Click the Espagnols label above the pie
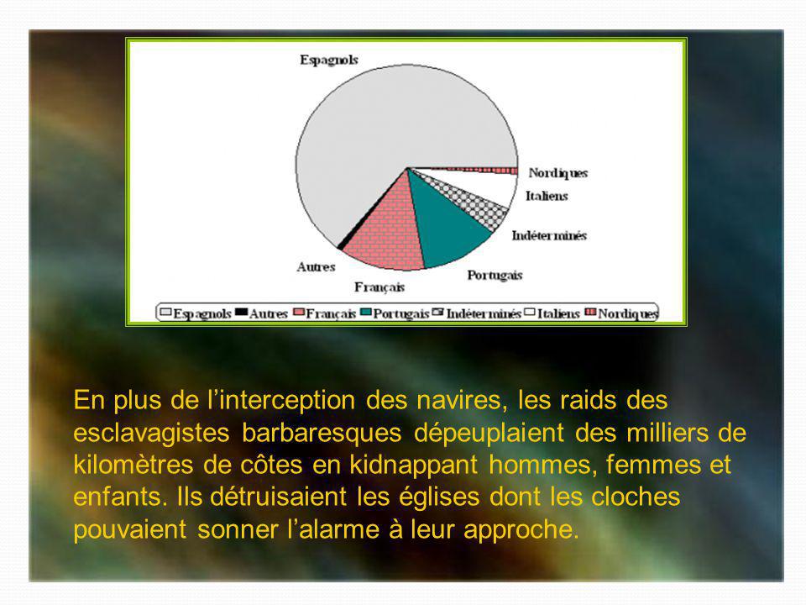[x=329, y=60]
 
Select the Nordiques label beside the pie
[x=557, y=173]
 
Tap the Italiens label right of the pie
[x=547, y=196]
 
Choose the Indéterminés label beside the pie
[x=549, y=235]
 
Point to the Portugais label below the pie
[x=495, y=276]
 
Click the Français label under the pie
[x=379, y=287]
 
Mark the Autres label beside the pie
[x=316, y=267]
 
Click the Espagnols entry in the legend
[x=196, y=313]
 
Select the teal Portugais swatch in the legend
[x=366, y=313]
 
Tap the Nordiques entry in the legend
[x=622, y=313]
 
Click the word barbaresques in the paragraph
[x=322, y=434]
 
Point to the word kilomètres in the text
[x=133, y=465]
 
